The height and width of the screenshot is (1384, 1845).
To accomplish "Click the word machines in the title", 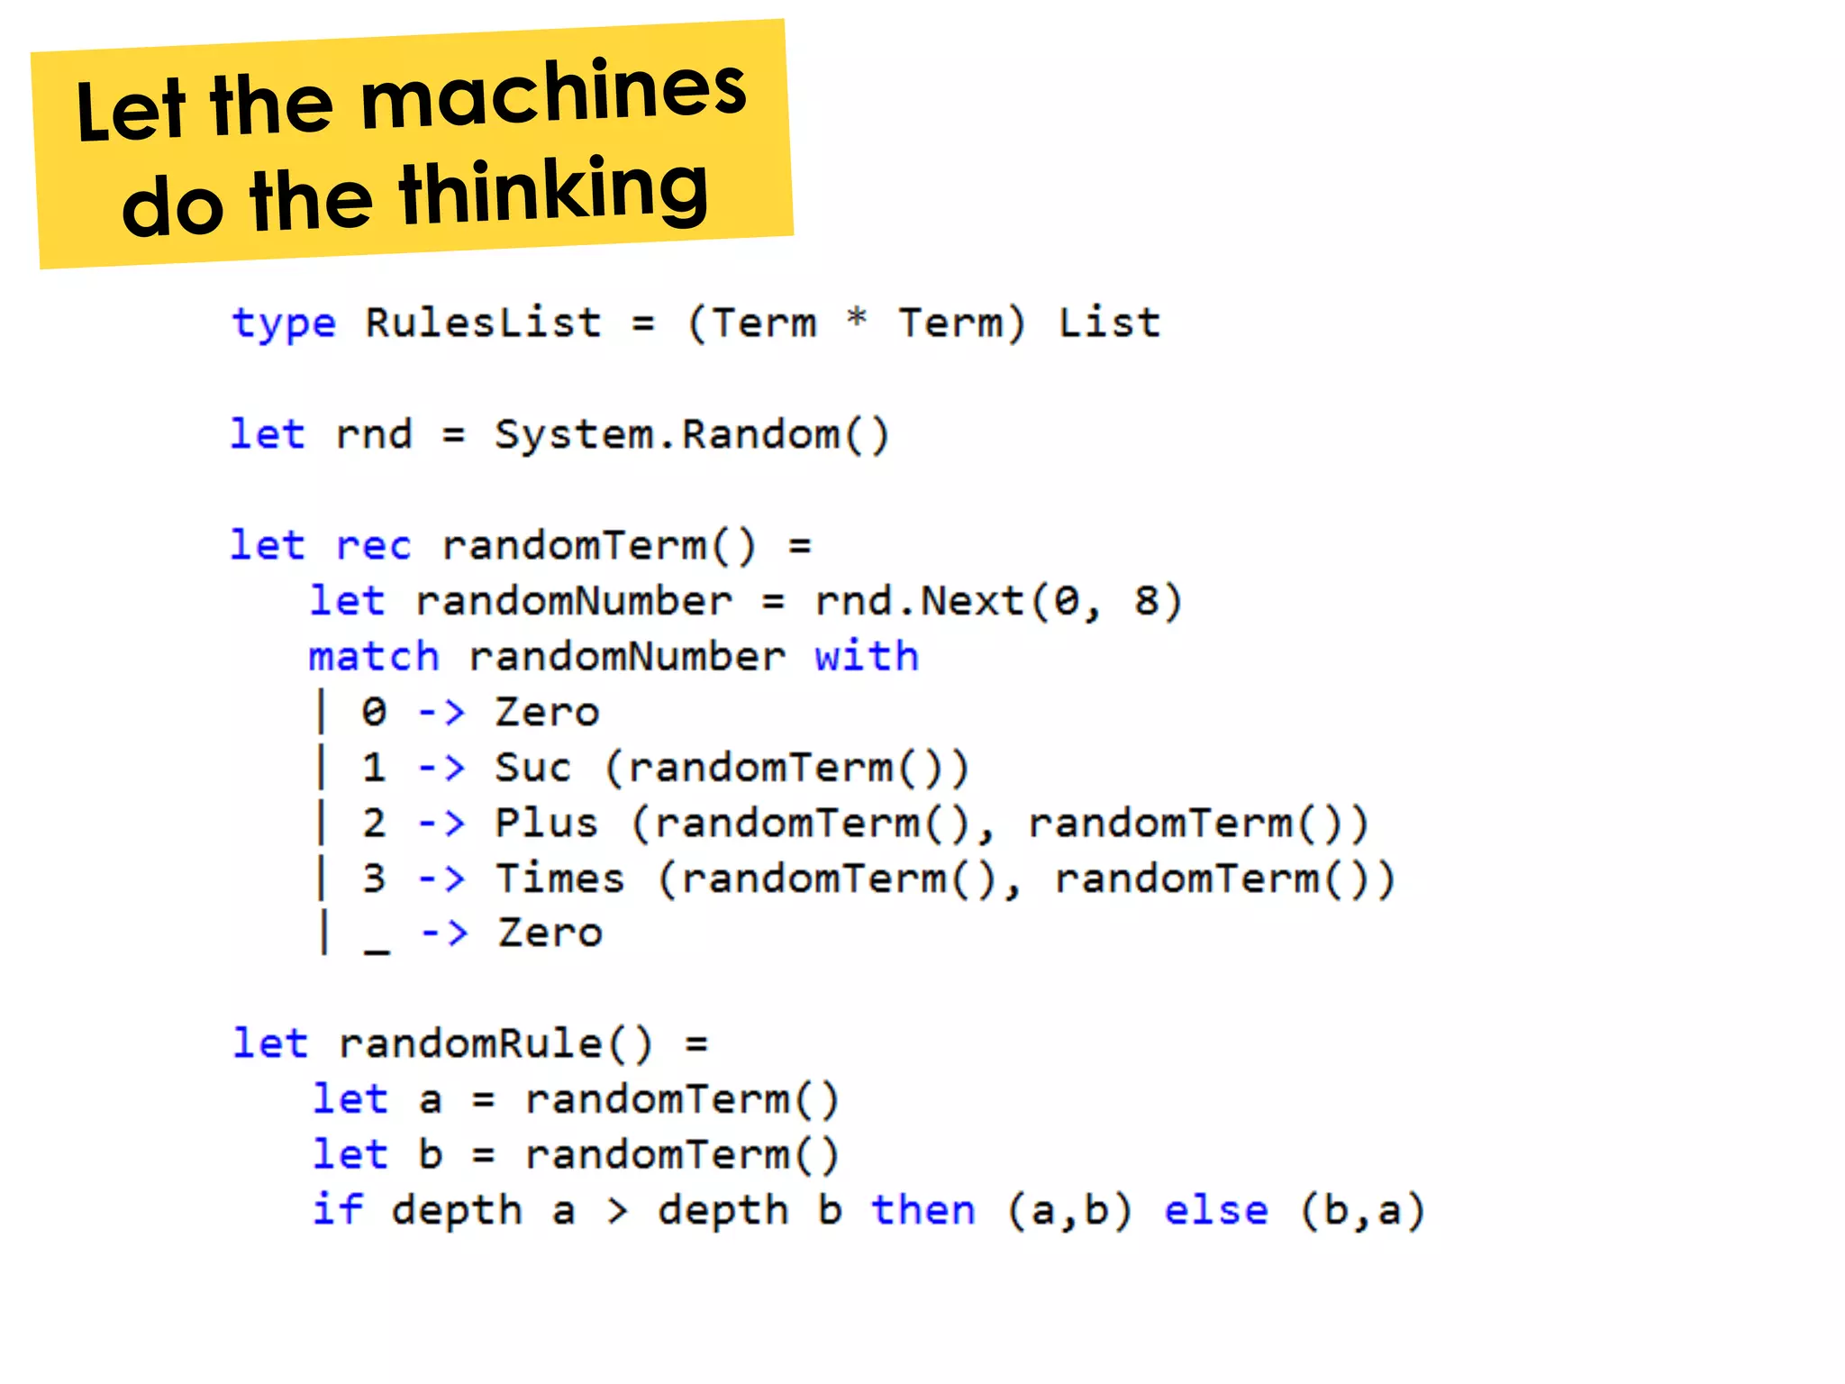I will click(x=553, y=93).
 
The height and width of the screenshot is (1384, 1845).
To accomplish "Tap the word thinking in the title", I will click(x=553, y=191).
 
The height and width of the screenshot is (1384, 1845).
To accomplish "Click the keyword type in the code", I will click(x=284, y=323).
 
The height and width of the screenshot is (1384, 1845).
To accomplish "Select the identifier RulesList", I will click(x=483, y=323).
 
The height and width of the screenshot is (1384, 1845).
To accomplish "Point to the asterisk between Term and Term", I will click(x=857, y=318).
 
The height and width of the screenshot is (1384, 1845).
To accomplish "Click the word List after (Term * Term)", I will click(x=1109, y=323).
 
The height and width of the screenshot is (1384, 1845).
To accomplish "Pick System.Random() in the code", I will click(x=692, y=434).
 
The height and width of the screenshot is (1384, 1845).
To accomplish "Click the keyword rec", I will click(x=373, y=546).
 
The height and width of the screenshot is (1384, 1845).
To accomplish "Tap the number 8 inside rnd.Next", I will click(x=1146, y=601).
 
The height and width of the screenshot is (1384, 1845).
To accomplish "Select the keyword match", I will click(x=374, y=656).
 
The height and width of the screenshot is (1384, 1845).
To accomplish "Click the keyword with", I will click(x=866, y=656).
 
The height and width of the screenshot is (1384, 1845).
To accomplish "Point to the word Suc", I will click(x=532, y=768).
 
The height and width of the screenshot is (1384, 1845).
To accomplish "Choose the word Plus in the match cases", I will click(x=546, y=824).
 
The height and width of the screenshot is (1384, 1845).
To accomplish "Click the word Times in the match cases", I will click(x=559, y=879).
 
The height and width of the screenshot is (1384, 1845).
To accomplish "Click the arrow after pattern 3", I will click(x=441, y=879).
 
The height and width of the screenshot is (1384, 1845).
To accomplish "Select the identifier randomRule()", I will click(x=495, y=1044).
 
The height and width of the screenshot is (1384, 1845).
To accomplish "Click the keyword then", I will click(x=923, y=1210).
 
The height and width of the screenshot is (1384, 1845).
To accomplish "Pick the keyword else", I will click(x=1215, y=1210).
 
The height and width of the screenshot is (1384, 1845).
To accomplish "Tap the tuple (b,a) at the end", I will click(x=1362, y=1210).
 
